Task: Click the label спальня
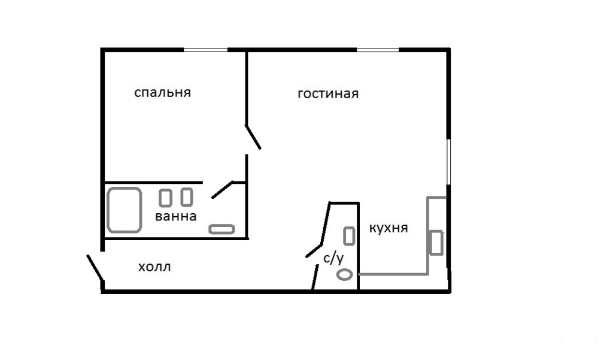163,93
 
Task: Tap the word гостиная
328,94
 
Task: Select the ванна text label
175,216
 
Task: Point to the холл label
154,267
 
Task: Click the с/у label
333,259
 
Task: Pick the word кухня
389,228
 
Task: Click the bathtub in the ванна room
125,210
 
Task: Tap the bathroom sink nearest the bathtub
165,198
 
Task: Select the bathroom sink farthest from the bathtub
187,197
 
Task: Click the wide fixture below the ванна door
221,229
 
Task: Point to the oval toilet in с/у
344,275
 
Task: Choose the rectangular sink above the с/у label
349,236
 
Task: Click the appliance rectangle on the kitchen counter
436,243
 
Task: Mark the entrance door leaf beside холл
95,268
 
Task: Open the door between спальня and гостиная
253,137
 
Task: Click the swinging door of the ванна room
222,189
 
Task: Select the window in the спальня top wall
206,50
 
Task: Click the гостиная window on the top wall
378,50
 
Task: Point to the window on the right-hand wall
449,161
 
